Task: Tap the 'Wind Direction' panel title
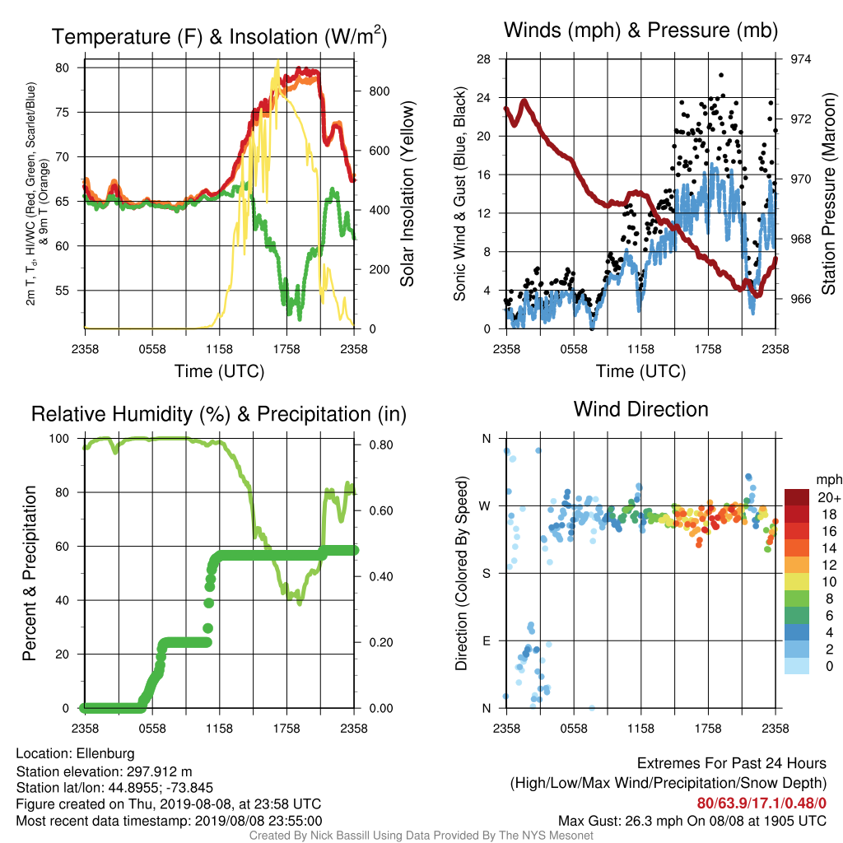[x=640, y=409]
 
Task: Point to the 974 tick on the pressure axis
[x=800, y=59]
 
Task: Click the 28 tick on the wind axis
[x=483, y=59]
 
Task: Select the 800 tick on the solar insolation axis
[x=379, y=91]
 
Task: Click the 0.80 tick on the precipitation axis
[x=380, y=445]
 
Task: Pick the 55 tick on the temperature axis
[x=62, y=291]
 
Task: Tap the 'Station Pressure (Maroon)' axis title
[x=828, y=193]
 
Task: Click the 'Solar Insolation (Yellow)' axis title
[x=408, y=193]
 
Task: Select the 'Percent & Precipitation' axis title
[x=30, y=573]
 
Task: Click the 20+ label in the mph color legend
[x=829, y=498]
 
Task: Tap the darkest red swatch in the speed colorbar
[x=797, y=497]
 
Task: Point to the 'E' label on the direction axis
[x=487, y=640]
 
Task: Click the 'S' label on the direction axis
[x=487, y=573]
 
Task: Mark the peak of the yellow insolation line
[x=277, y=61]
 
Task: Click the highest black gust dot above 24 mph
[x=721, y=75]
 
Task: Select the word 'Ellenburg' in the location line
[x=105, y=753]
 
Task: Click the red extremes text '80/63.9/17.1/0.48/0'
[x=761, y=803]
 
